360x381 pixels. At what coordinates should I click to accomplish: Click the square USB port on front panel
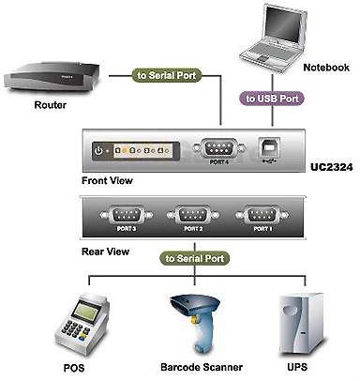273,147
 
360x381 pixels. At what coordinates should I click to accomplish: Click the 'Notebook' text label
328,67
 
